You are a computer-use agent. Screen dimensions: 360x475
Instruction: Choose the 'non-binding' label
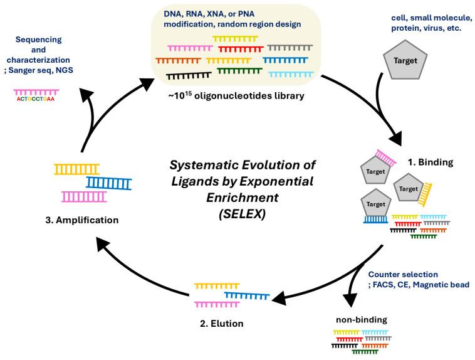363,319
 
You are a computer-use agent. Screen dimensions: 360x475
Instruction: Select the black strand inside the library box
189,75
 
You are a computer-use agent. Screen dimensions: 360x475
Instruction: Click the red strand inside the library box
241,48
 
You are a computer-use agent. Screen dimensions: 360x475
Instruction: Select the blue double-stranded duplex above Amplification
109,183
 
